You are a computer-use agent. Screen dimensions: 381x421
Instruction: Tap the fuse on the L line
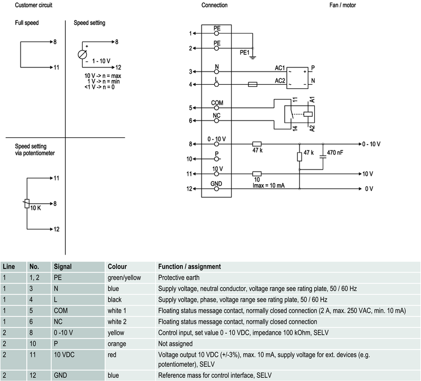click(x=253, y=84)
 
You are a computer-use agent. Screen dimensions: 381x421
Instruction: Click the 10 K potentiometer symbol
click(x=27, y=203)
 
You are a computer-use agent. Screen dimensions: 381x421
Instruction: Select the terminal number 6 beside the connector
click(x=191, y=120)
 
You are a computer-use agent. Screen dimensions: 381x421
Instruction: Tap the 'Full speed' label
click(x=27, y=23)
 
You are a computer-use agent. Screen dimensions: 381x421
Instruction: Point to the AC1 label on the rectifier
click(x=280, y=68)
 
